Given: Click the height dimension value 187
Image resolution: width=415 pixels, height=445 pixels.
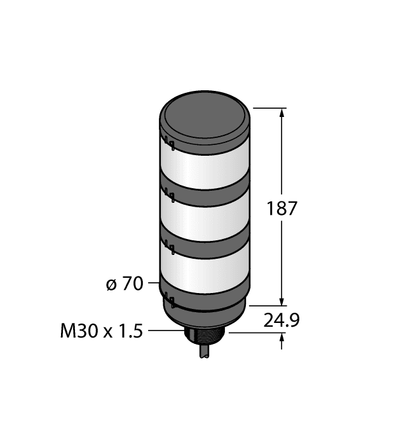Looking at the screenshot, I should [282, 209].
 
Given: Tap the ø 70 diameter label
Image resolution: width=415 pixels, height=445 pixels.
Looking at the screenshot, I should [124, 284].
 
